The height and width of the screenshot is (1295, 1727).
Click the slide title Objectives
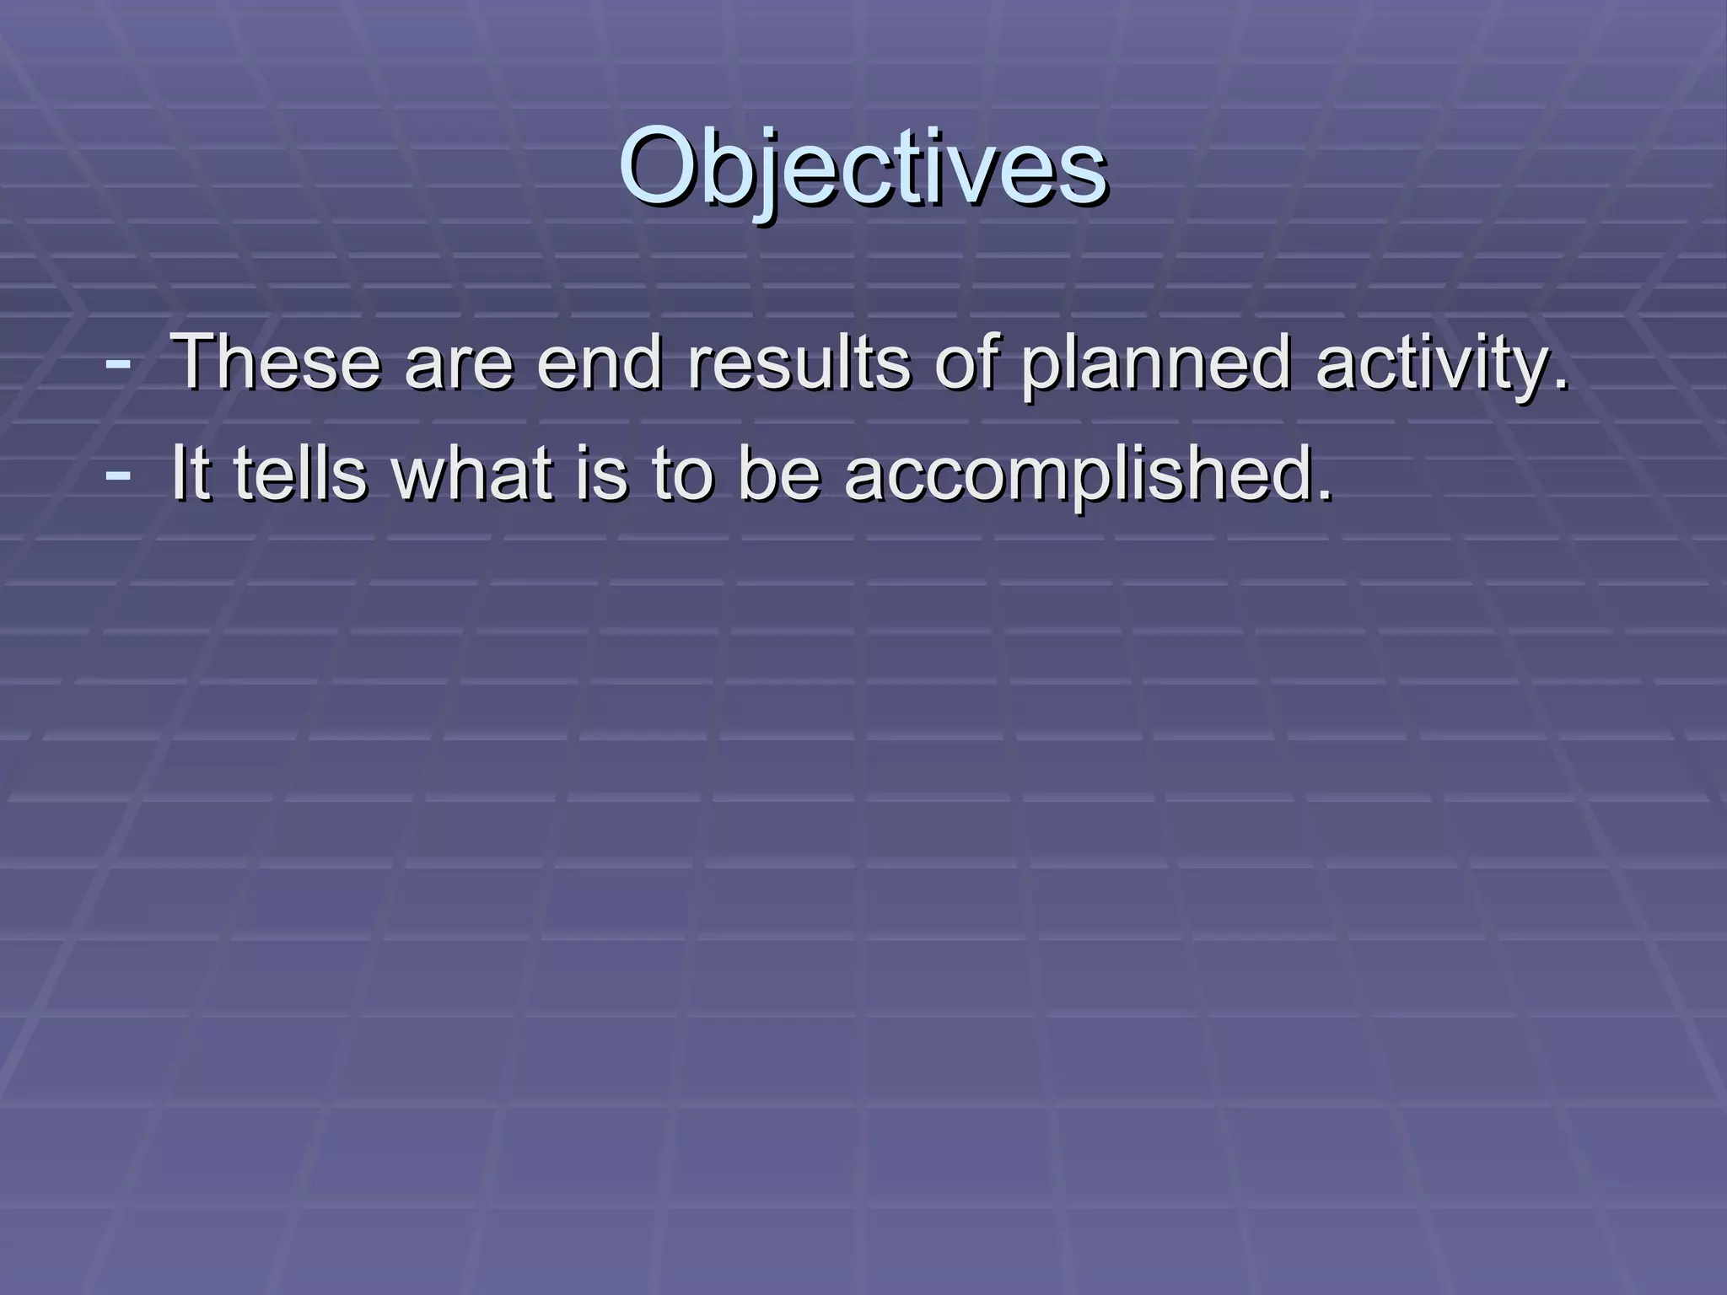click(x=863, y=169)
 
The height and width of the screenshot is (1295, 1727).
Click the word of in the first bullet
click(x=965, y=363)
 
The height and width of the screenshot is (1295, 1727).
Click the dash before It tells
click(x=118, y=473)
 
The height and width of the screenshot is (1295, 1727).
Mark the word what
click(x=472, y=473)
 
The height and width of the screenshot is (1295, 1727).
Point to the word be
click(x=778, y=473)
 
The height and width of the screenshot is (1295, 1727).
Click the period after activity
click(x=1562, y=387)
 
